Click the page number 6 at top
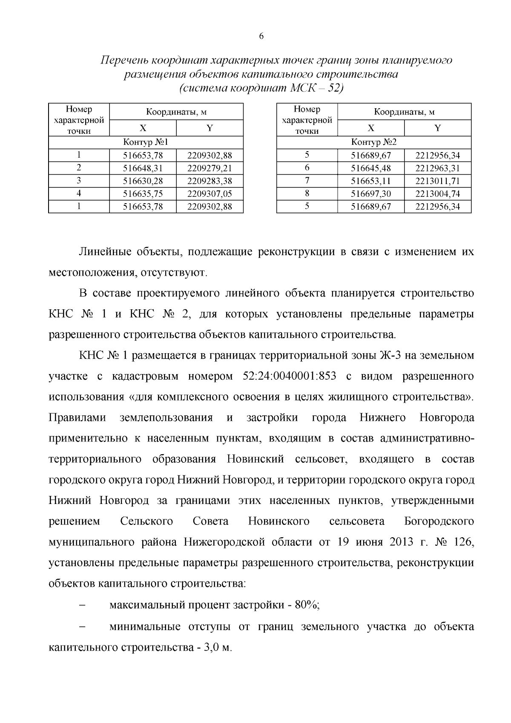click(261, 37)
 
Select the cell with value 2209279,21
click(210, 168)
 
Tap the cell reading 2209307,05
click(210, 194)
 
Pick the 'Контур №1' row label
click(146, 142)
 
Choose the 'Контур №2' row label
click(373, 142)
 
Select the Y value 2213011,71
click(437, 181)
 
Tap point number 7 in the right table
click(307, 181)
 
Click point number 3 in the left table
click(79, 181)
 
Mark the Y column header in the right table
click(437, 128)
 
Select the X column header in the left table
click(143, 128)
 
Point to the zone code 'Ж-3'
click(390, 355)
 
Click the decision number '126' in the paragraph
click(461, 542)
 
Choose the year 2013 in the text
click(401, 542)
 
